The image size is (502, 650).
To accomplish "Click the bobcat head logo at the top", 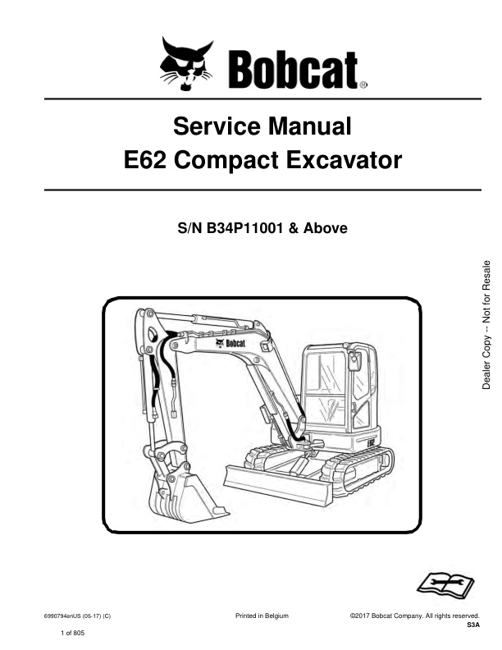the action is click(x=186, y=63).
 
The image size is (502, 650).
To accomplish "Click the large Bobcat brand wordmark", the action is click(x=294, y=69).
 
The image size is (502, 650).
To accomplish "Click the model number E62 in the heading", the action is click(x=144, y=160).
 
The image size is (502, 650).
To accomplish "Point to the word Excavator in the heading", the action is click(x=344, y=160).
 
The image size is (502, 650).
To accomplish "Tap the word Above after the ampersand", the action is click(x=326, y=228).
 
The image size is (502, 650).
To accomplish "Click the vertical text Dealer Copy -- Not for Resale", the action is click(x=486, y=324).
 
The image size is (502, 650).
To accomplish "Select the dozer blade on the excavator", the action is click(x=277, y=483).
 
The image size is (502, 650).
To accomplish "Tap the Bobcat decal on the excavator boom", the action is click(x=230, y=343).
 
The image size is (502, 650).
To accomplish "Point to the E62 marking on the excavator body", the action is click(x=371, y=442).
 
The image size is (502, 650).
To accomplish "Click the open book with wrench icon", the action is click(x=445, y=584).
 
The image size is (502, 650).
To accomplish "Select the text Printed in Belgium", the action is click(x=262, y=616).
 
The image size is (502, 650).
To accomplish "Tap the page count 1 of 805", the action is click(x=72, y=633).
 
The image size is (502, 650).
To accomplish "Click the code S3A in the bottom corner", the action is click(x=473, y=625).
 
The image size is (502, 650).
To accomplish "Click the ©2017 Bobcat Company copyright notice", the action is click(x=414, y=616).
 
